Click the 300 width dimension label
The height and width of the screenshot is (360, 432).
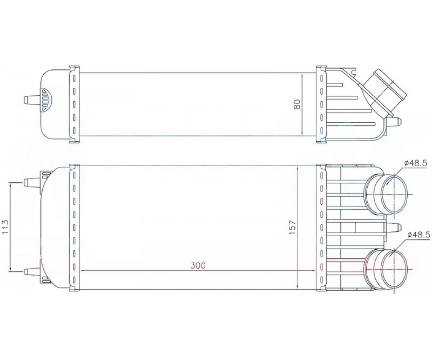click(198, 265)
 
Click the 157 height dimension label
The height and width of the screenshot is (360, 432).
click(292, 228)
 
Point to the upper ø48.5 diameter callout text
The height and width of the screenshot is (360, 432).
click(416, 163)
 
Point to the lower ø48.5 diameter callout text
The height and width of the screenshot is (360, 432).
click(418, 234)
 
